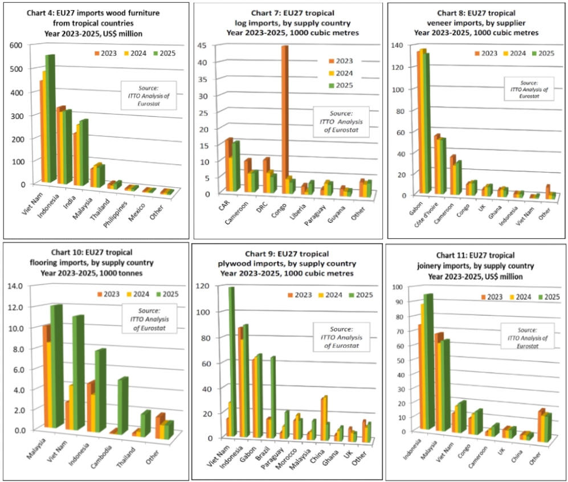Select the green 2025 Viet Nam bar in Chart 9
231,365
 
